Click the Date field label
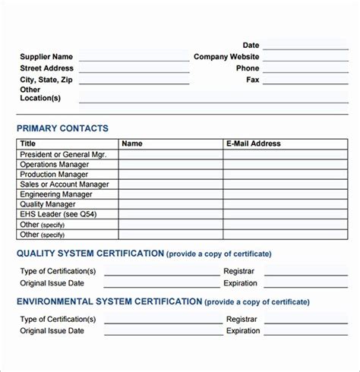click(x=251, y=46)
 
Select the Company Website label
click(x=226, y=57)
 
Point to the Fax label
click(x=252, y=80)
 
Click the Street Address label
click(x=46, y=68)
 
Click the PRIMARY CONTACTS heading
click(x=62, y=128)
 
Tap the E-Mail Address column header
click(x=254, y=143)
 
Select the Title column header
click(x=28, y=143)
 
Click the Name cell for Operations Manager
click(x=170, y=164)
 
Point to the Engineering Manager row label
click(x=55, y=194)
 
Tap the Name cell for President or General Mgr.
click(x=170, y=154)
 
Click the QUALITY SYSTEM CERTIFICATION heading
click(x=90, y=254)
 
